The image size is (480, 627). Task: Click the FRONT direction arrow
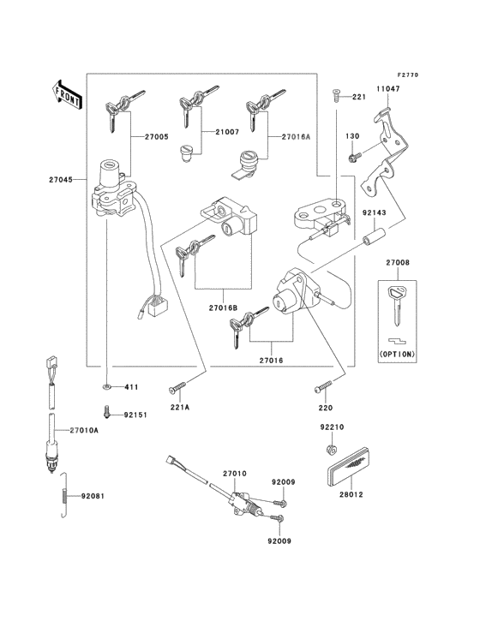point(67,92)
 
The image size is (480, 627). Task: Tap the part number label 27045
point(63,180)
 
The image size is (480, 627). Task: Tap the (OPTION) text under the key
point(397,353)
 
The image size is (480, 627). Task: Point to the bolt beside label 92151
point(106,414)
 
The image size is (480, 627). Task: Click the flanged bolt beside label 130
point(353,157)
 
